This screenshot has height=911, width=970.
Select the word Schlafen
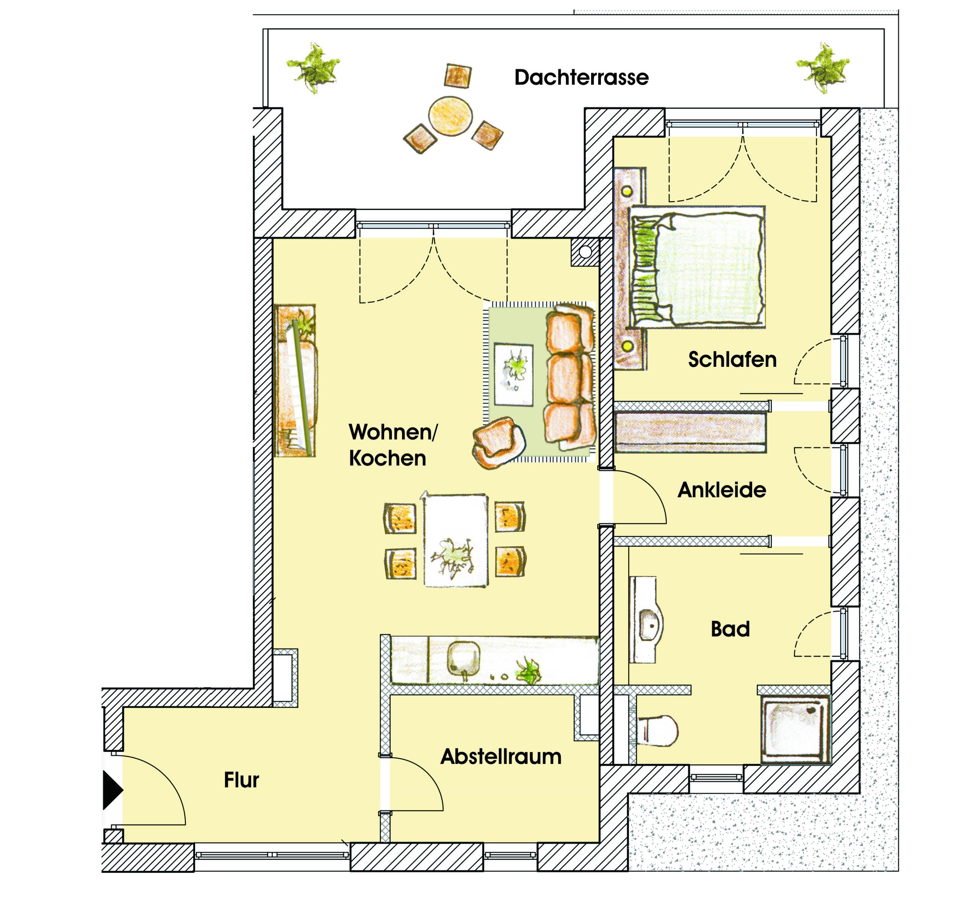pyautogui.click(x=732, y=360)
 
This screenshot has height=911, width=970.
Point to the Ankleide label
pyautogui.click(x=722, y=490)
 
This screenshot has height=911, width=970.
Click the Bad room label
pyautogui.click(x=730, y=629)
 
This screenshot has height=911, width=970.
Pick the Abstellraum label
pyautogui.click(x=501, y=757)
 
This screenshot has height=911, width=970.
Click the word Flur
pyautogui.click(x=241, y=780)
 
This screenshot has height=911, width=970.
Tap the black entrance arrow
pyautogui.click(x=113, y=790)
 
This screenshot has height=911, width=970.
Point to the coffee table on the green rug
pyautogui.click(x=513, y=374)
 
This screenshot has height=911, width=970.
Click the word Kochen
pyautogui.click(x=387, y=459)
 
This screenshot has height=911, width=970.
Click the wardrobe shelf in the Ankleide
pyautogui.click(x=690, y=432)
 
